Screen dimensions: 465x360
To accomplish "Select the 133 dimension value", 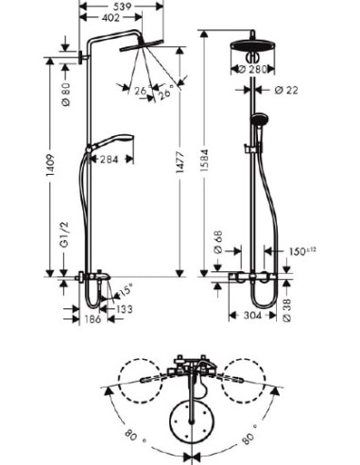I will (x=124, y=308).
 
